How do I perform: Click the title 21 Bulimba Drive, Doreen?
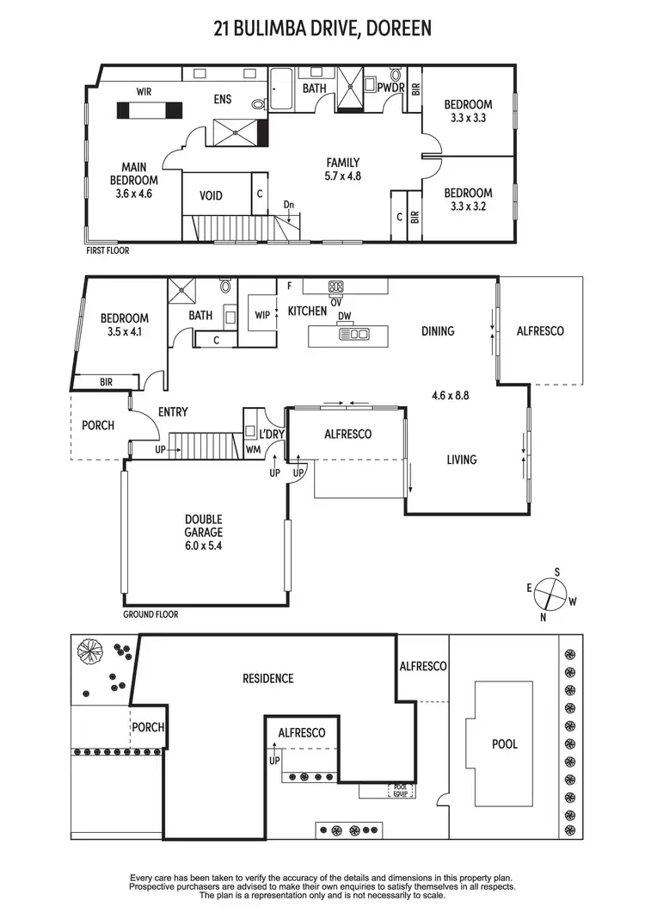coord(322,29)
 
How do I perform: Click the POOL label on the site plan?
coord(505,743)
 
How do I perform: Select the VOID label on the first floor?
coord(211,195)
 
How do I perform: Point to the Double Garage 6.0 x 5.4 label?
coord(204,532)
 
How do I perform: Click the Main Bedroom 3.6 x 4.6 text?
coord(133,180)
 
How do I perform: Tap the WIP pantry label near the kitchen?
coord(262,314)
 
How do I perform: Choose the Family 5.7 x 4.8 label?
coord(342,170)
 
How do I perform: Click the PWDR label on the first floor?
coord(390,87)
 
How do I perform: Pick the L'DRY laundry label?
coord(273,435)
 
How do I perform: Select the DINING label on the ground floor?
coord(438,331)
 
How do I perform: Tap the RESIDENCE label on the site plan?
coord(267,678)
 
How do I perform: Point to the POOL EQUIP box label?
coord(401,789)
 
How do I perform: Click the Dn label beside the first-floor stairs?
coord(289,205)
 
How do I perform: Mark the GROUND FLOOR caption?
coord(150,614)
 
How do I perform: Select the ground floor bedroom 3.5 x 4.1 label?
coord(125,324)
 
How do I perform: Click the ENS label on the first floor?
coord(223,100)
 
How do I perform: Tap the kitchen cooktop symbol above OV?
coord(335,287)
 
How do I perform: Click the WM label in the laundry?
coord(252,448)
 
